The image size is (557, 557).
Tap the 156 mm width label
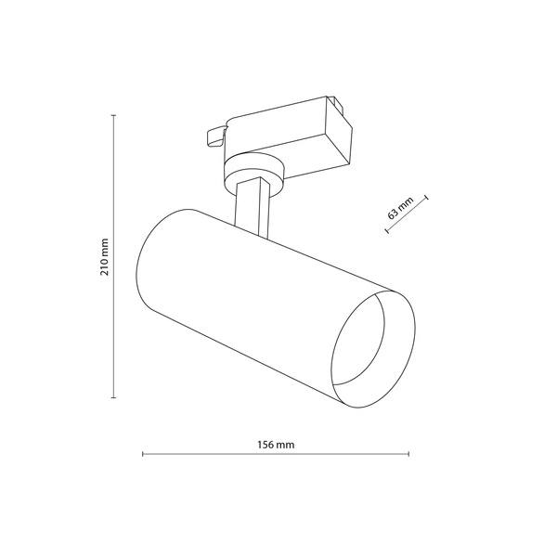[275, 444]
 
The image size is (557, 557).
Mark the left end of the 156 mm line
[142, 455]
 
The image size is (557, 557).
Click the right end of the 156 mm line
[409, 455]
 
